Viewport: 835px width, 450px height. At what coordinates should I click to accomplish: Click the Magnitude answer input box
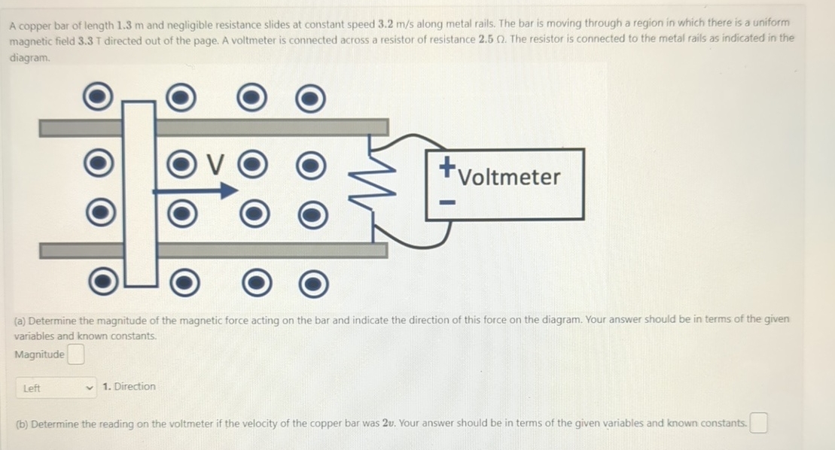click(75, 354)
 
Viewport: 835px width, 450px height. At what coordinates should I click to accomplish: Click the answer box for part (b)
click(758, 424)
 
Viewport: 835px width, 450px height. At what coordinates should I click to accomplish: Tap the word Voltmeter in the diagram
click(510, 178)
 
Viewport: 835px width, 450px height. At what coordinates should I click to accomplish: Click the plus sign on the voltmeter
click(447, 164)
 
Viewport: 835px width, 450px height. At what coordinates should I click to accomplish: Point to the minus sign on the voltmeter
click(447, 202)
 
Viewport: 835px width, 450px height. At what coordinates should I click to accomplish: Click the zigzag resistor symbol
click(375, 184)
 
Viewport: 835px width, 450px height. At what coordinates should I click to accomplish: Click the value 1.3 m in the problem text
click(130, 24)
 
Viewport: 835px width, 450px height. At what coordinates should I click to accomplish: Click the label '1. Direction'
click(129, 387)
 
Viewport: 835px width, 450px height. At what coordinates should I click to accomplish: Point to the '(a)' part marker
click(20, 321)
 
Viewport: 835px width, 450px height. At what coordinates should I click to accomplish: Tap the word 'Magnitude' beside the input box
click(39, 354)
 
